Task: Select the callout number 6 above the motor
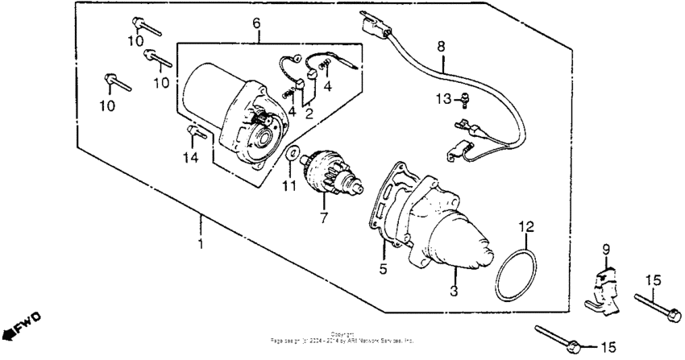[256, 24]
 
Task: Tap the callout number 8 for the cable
[441, 47]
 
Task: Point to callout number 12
[525, 227]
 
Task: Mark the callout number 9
[606, 249]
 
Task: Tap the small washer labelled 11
[290, 153]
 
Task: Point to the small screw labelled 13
[465, 100]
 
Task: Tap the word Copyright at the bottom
[342, 334]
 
